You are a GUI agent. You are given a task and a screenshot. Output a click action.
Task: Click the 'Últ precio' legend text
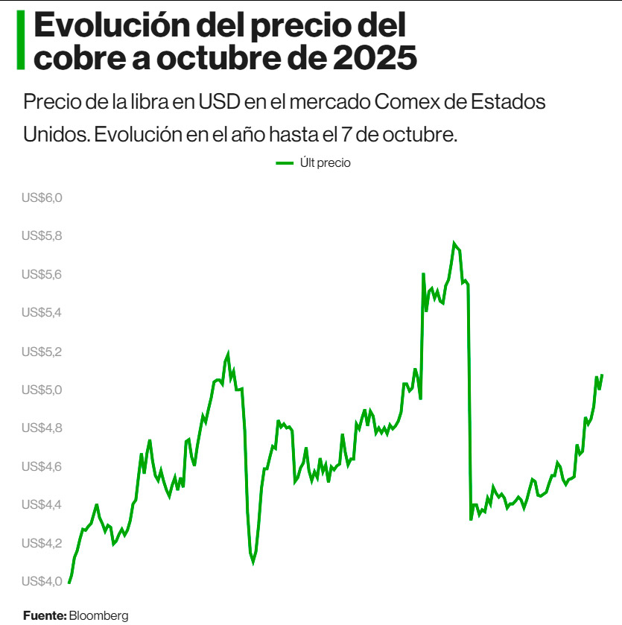(325, 163)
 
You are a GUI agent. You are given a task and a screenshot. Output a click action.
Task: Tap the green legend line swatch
(285, 163)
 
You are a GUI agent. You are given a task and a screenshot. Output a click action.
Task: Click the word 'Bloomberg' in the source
(98, 615)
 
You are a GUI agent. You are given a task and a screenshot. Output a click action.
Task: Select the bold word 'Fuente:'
(45, 615)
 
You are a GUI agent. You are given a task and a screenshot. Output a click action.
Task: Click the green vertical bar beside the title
(21, 41)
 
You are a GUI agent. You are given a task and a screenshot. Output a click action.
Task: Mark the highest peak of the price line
(454, 244)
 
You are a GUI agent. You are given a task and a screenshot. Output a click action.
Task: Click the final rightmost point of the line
(601, 375)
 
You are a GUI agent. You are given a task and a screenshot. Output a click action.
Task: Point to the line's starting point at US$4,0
(69, 582)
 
